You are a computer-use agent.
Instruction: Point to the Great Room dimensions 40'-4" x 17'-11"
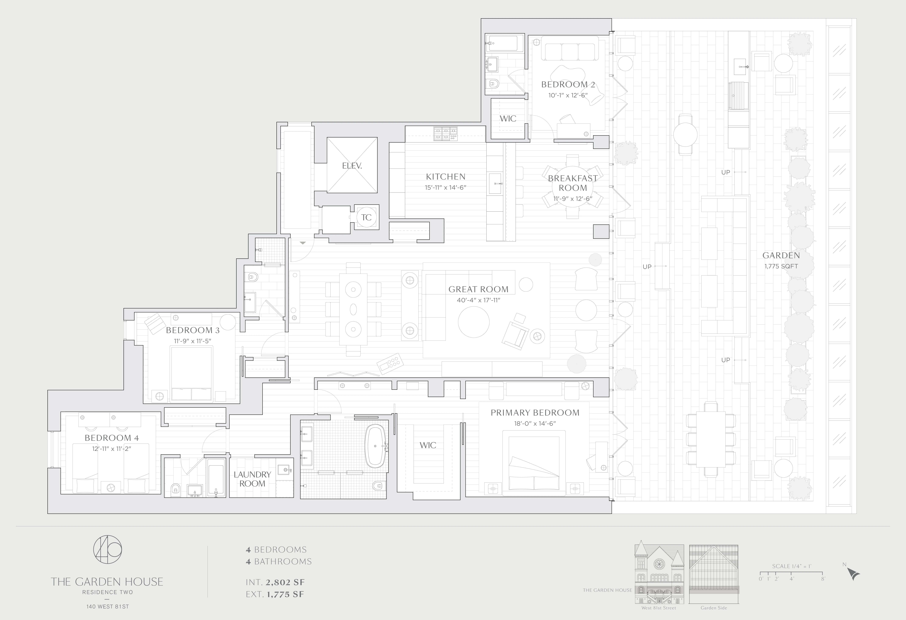(x=478, y=300)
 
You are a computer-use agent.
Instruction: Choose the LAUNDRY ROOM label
(x=252, y=479)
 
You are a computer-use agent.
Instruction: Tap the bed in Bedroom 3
(x=191, y=374)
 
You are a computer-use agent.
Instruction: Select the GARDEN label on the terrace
(x=781, y=255)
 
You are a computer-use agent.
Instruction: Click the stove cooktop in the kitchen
(x=445, y=133)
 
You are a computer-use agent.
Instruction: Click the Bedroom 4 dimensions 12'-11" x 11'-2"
(x=111, y=449)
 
